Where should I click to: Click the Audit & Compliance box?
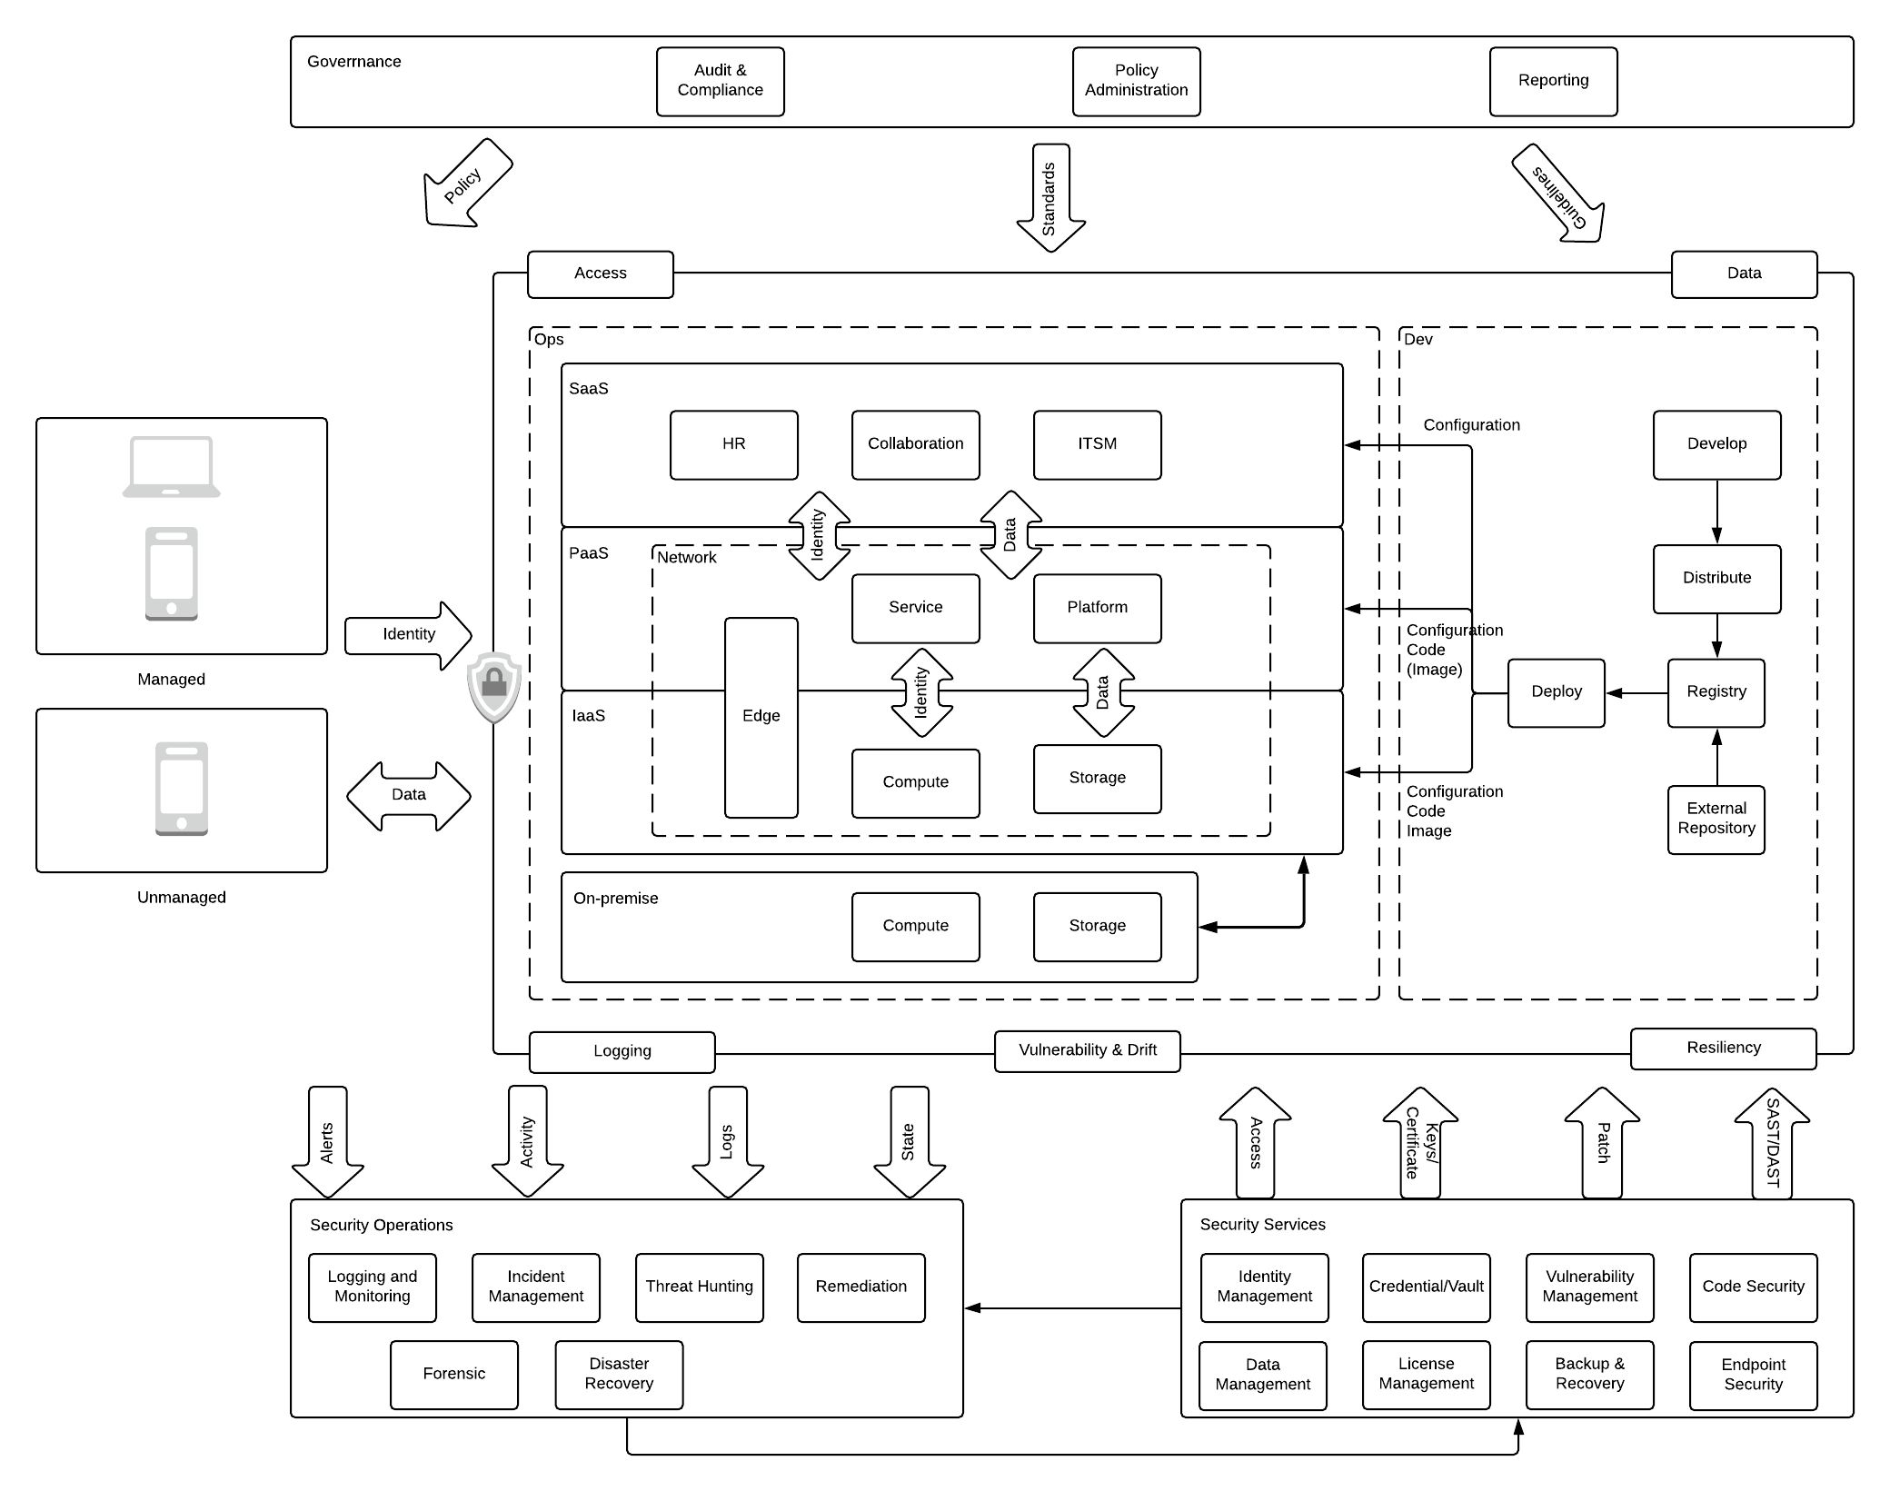720,81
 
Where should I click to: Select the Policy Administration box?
1136,81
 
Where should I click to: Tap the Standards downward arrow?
1050,198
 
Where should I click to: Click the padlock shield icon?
494,685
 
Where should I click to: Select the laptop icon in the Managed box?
172,467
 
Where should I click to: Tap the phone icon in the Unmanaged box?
182,788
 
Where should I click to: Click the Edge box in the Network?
761,717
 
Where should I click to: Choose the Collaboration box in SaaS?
915,444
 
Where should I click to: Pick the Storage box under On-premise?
1097,926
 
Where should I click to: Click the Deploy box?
1556,692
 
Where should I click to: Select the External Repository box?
1716,819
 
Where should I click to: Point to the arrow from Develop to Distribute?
1716,512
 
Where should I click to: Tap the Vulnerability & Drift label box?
1087,1050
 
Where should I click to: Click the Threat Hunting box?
699,1287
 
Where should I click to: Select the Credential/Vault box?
1426,1287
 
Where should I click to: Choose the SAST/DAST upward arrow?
1772,1143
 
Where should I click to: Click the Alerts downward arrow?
327,1143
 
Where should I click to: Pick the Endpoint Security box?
1753,1375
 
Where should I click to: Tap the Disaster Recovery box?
619,1374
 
